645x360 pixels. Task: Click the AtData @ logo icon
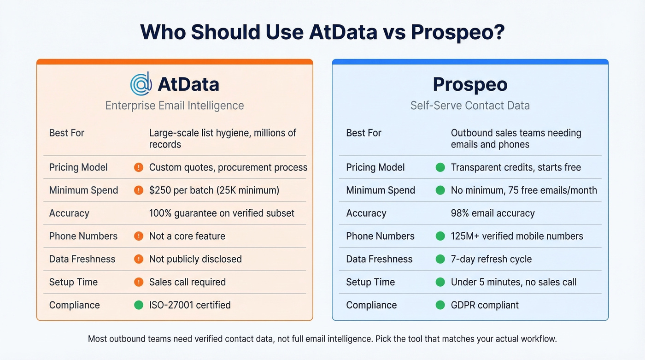click(141, 84)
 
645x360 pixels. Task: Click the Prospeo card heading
click(470, 84)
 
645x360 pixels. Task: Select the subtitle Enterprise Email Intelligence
click(175, 106)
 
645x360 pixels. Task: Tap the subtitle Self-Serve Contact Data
click(470, 106)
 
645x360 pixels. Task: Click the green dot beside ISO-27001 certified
click(138, 305)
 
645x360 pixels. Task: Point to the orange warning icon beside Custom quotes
click(138, 167)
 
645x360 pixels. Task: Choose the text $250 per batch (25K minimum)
click(214, 190)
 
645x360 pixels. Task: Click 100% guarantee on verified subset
click(222, 213)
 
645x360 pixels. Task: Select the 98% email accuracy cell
click(493, 213)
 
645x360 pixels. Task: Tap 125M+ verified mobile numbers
click(517, 236)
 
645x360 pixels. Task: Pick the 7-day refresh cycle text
click(491, 259)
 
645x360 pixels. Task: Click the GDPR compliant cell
click(485, 305)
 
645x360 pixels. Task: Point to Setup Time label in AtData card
click(73, 282)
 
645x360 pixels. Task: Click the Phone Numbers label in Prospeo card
click(380, 236)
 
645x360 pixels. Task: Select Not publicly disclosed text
click(195, 259)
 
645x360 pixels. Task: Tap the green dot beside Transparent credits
click(440, 167)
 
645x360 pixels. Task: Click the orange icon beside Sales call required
click(138, 282)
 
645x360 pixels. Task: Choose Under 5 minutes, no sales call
click(514, 282)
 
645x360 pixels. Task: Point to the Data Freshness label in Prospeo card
click(379, 259)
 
